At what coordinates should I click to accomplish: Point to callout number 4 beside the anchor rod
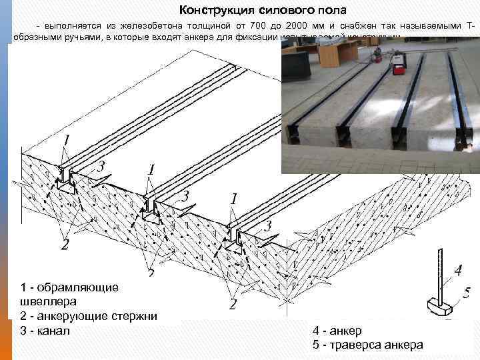pos(457,271)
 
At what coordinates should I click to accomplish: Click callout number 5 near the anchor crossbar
pos(467,291)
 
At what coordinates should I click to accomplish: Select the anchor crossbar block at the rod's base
pos(439,307)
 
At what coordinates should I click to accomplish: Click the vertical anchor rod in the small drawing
pos(439,273)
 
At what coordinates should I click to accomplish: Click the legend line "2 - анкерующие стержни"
pos(89,316)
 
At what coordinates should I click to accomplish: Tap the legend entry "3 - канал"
pos(45,331)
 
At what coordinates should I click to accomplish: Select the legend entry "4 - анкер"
pos(337,331)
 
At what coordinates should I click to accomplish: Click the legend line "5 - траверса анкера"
pos(367,345)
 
